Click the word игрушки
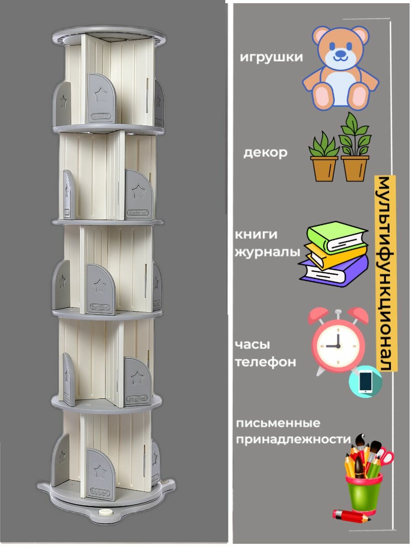pyautogui.click(x=271, y=57)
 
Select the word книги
pyautogui.click(x=256, y=234)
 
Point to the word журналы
pyautogui.click(x=268, y=252)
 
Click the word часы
pyautogui.click(x=253, y=345)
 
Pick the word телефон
pyautogui.click(x=265, y=362)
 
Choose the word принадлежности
pyautogui.click(x=293, y=439)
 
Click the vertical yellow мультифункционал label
pyautogui.click(x=385, y=273)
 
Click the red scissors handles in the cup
pyautogui.click(x=385, y=456)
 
